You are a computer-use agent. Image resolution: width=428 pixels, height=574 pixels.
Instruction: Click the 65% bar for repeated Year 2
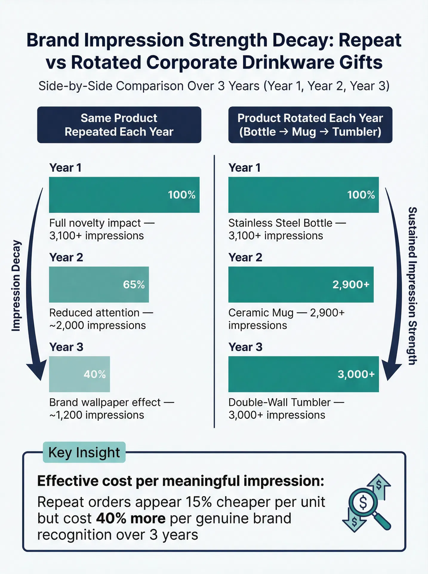(x=99, y=284)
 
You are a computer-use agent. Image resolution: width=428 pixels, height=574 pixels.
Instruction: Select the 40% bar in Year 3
(x=79, y=374)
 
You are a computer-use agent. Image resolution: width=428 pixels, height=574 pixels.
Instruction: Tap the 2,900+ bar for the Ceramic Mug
(x=301, y=284)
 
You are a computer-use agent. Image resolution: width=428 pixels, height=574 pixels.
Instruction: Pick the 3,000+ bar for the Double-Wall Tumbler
(x=304, y=374)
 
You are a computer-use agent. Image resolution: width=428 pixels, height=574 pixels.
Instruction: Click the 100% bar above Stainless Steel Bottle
(x=304, y=195)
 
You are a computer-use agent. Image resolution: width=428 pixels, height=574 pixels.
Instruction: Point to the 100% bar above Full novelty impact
(x=124, y=195)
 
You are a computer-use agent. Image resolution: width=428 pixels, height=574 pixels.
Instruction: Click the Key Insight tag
(x=84, y=452)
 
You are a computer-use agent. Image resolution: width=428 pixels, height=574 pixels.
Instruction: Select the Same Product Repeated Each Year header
(x=119, y=125)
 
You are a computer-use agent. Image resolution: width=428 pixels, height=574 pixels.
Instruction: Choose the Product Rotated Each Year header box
(x=310, y=125)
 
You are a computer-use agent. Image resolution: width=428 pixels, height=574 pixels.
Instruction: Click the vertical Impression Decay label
(x=16, y=286)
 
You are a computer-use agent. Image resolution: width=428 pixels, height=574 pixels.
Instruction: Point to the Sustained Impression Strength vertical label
(x=412, y=286)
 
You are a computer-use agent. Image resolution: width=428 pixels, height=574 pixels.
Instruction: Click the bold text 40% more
(x=131, y=518)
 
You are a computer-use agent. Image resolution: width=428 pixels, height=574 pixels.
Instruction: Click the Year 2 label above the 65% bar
(x=66, y=257)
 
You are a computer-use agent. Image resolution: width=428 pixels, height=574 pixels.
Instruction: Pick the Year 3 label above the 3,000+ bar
(x=245, y=347)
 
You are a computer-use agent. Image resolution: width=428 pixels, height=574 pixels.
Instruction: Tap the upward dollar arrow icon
(x=379, y=487)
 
